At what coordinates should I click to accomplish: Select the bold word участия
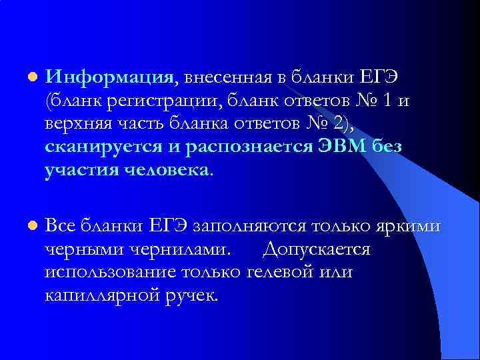tap(82, 170)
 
